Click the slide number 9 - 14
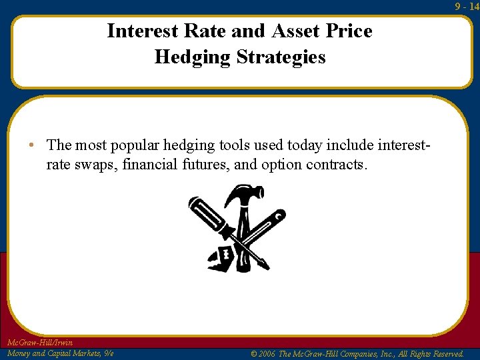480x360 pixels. (466, 6)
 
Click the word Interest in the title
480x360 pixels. (141, 31)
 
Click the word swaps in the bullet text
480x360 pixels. (97, 164)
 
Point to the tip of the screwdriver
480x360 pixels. (265, 267)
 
